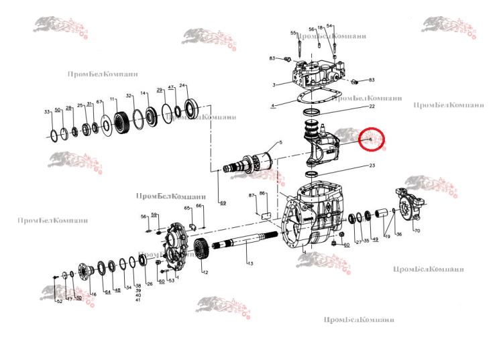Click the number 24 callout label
pyautogui.click(x=182, y=86)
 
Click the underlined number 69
pyautogui.click(x=222, y=202)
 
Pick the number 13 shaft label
pyautogui.click(x=249, y=264)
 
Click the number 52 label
pyautogui.click(x=59, y=302)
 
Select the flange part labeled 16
pyautogui.click(x=87, y=274)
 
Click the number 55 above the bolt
pyautogui.click(x=293, y=33)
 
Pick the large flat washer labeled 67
pyautogui.click(x=106, y=125)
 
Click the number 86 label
pyautogui.click(x=263, y=193)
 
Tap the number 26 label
pyautogui.click(x=150, y=284)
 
